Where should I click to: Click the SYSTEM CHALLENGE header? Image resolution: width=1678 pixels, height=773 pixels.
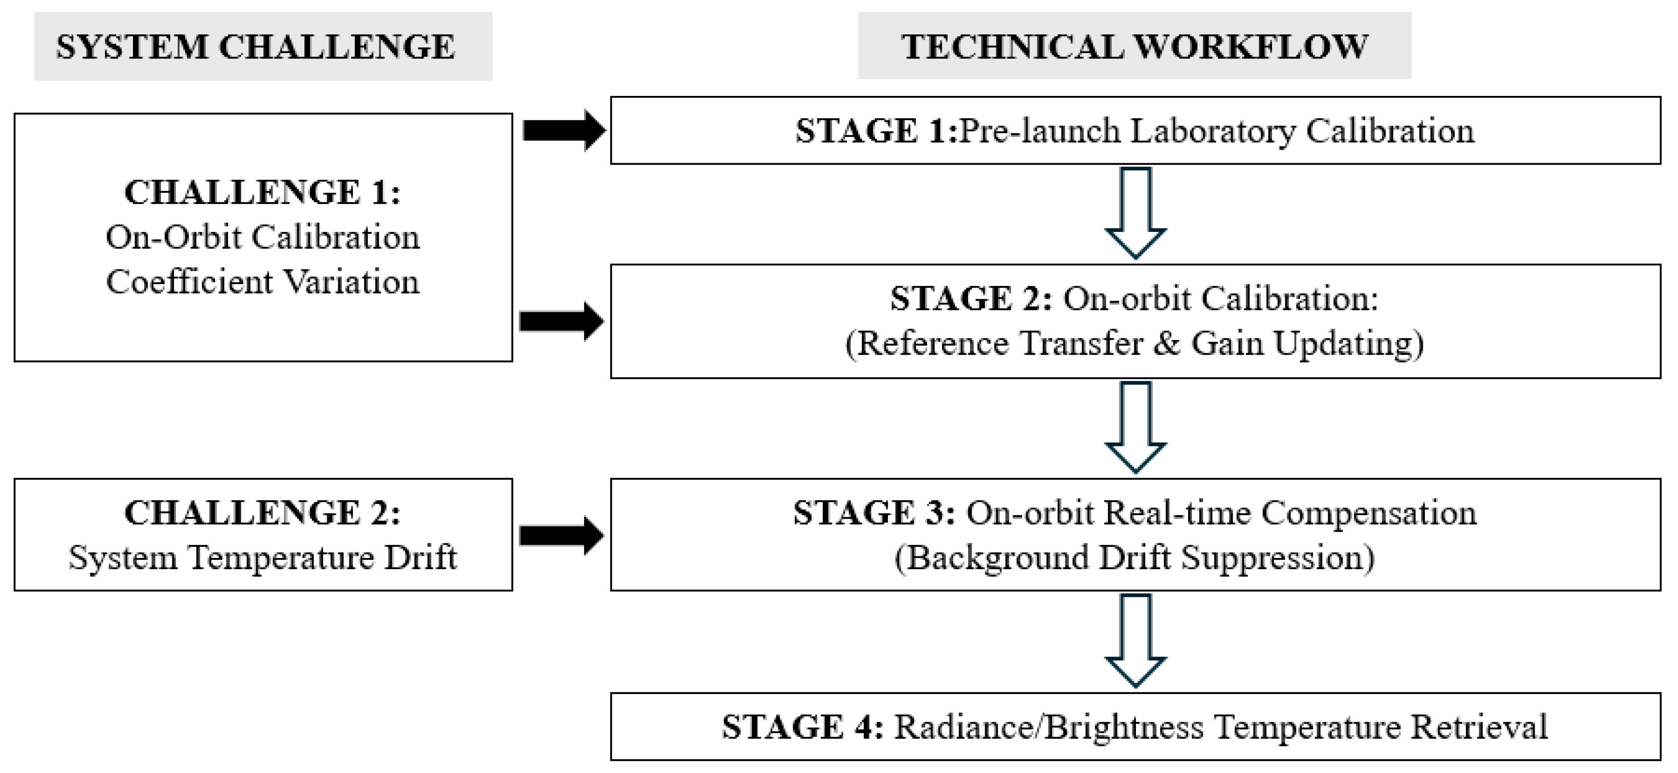(255, 47)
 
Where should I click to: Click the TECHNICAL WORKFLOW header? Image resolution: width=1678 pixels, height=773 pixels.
(1134, 47)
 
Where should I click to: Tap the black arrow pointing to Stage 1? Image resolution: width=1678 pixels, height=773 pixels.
(563, 131)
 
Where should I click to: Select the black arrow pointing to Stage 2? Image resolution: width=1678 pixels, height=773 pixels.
(562, 321)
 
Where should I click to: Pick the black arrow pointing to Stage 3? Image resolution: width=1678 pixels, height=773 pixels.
(562, 536)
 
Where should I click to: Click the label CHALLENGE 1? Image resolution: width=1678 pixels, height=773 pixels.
(262, 193)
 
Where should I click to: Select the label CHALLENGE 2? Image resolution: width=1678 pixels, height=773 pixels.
(262, 513)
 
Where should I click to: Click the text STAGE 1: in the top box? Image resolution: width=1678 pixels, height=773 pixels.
(875, 131)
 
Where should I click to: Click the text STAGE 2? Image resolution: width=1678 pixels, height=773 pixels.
(970, 299)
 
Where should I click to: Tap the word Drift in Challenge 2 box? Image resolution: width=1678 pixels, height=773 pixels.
(420, 558)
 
